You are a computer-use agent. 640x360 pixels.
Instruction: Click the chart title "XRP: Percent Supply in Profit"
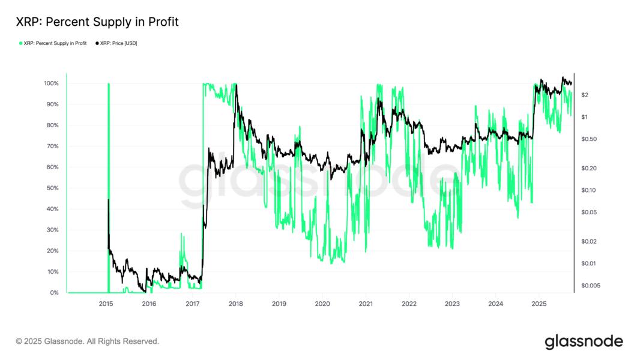(97, 22)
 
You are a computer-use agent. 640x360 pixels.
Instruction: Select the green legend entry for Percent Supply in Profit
(53, 43)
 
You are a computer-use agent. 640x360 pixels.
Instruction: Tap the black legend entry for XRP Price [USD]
(116, 43)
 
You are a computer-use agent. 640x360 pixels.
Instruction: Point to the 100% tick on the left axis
(51, 83)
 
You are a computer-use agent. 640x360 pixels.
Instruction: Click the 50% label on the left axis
(52, 188)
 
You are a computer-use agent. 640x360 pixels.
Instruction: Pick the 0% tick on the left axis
(54, 293)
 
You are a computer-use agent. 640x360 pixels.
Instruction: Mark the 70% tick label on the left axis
(52, 146)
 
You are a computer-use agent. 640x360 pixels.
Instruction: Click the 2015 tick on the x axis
(106, 304)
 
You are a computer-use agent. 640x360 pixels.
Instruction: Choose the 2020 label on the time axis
(322, 304)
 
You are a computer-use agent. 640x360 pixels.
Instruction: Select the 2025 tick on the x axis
(539, 304)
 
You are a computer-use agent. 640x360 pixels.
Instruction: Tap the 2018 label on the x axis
(236, 304)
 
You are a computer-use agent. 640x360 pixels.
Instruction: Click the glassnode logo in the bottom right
(584, 341)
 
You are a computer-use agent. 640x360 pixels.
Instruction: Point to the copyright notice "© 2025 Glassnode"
(88, 341)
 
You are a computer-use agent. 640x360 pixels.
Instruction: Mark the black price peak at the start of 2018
(237, 85)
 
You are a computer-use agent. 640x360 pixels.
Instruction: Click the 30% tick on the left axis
(52, 230)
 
